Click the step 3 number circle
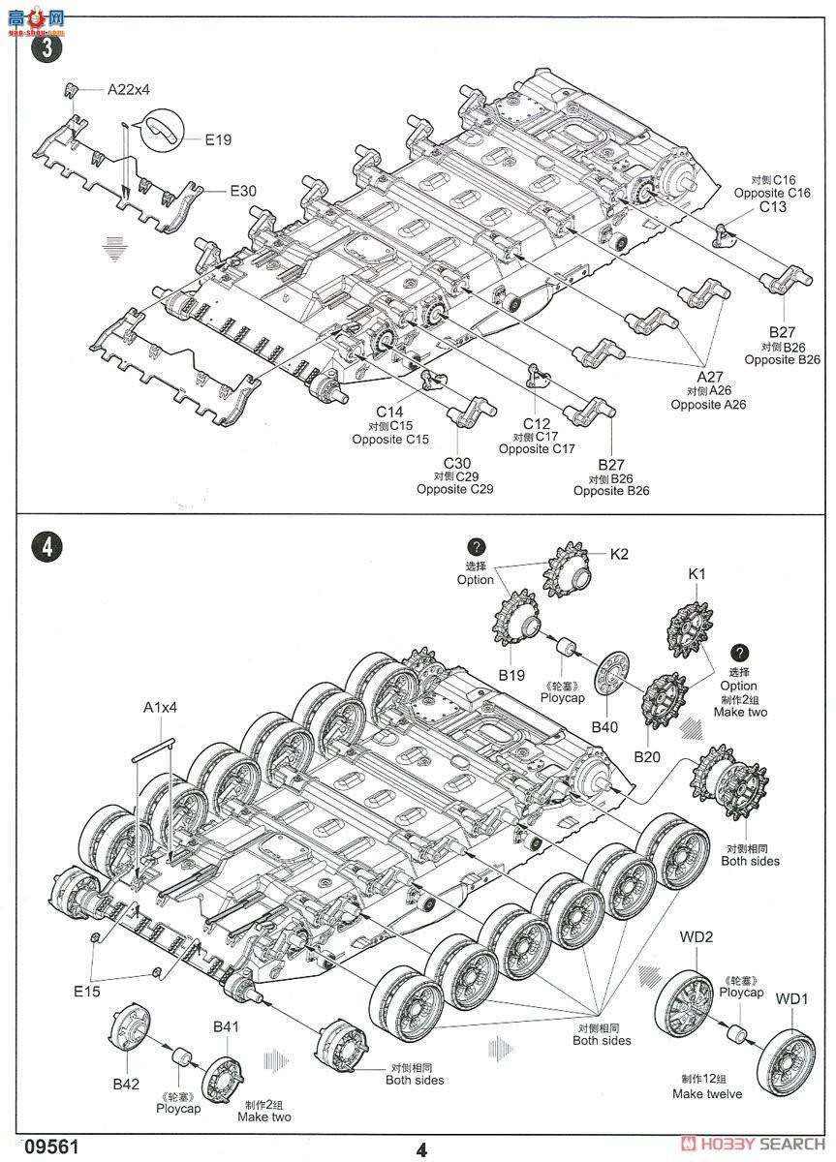tap(46, 47)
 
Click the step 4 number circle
tap(46, 546)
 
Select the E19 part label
tap(218, 139)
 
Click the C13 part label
tap(772, 206)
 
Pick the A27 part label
tap(709, 377)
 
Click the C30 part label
tap(454, 463)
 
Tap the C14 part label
tap(389, 412)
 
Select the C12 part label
tap(537, 423)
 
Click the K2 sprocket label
tap(619, 555)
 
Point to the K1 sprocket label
tap(697, 574)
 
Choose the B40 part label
tap(604, 727)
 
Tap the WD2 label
tap(696, 937)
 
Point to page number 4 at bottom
tap(420, 1149)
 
